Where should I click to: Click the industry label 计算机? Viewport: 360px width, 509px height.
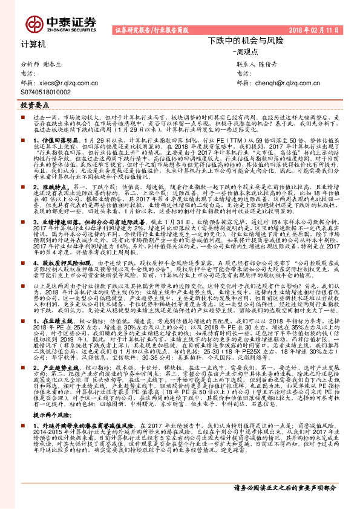[33, 45]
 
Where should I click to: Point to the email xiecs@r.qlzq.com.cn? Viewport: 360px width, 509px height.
[68, 83]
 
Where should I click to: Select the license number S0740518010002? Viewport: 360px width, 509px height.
[45, 92]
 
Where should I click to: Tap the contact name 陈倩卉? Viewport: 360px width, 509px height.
[269, 64]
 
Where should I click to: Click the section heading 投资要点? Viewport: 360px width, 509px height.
[34, 105]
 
